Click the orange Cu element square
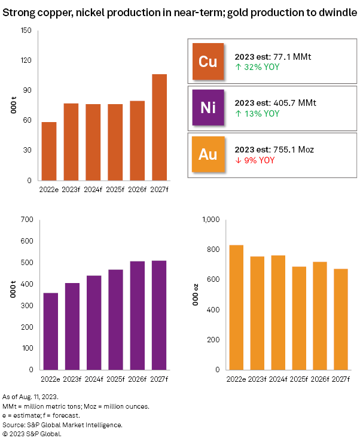(x=208, y=62)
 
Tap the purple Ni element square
(x=208, y=107)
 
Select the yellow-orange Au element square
(x=208, y=154)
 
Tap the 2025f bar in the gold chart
(x=299, y=318)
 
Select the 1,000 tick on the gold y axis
(x=212, y=220)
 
